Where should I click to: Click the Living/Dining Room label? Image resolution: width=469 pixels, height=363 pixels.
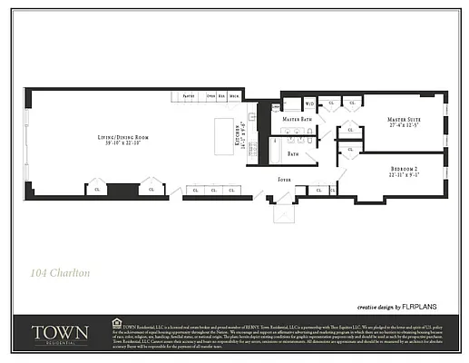(124, 137)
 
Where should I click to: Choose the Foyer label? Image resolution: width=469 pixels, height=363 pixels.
(284, 179)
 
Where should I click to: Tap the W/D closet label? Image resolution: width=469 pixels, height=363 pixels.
(309, 103)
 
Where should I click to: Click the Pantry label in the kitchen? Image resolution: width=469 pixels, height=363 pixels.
(190, 95)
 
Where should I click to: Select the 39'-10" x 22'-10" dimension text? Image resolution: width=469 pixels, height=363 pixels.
(124, 143)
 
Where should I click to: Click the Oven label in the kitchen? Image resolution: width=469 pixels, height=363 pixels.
(210, 95)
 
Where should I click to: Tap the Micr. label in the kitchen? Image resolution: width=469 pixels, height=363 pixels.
(234, 95)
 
